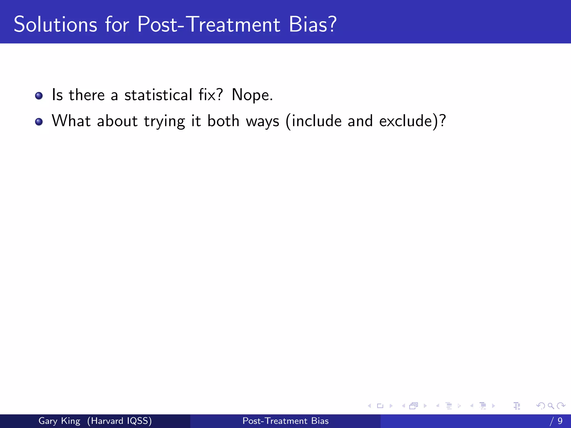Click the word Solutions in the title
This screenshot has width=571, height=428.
point(55,25)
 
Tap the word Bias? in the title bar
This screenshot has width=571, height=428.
point(313,25)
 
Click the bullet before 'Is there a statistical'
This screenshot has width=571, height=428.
point(39,96)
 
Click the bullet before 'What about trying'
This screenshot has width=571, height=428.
point(39,122)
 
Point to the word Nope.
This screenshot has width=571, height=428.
point(252,95)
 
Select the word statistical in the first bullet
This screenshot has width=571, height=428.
point(158,95)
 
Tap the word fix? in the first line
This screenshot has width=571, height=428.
point(211,95)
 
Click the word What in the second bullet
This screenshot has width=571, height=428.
point(71,121)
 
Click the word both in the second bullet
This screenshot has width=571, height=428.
point(223,121)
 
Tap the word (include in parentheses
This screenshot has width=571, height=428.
point(313,121)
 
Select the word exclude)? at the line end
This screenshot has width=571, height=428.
point(412,121)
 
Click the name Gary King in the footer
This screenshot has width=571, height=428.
point(59,421)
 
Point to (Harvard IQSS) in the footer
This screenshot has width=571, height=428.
point(119,421)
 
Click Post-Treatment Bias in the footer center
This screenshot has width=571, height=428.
point(285,421)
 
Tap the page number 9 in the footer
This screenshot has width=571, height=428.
point(560,421)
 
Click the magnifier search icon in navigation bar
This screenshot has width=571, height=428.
point(551,406)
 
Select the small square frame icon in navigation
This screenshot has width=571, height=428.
point(380,406)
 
